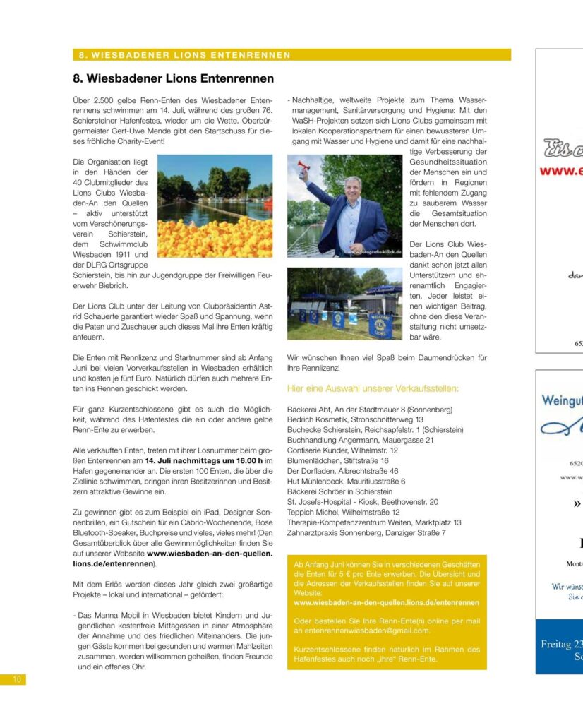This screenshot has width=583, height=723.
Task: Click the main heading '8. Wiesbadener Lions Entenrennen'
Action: point(173,78)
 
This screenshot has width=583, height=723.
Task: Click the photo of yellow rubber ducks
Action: point(215,206)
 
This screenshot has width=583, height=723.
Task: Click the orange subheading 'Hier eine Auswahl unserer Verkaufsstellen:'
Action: point(373,388)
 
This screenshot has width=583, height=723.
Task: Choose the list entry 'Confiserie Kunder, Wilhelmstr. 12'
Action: point(342,450)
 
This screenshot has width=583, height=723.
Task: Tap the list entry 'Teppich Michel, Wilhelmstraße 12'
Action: point(343,512)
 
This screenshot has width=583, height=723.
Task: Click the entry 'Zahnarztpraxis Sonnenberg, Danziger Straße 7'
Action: point(366,532)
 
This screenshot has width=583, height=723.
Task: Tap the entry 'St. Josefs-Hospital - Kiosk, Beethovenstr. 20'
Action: point(362,501)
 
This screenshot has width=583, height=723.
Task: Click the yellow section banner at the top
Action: point(291,54)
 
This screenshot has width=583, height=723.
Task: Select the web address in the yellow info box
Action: point(386,603)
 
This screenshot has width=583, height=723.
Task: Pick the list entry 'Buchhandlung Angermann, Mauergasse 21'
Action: point(360,440)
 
